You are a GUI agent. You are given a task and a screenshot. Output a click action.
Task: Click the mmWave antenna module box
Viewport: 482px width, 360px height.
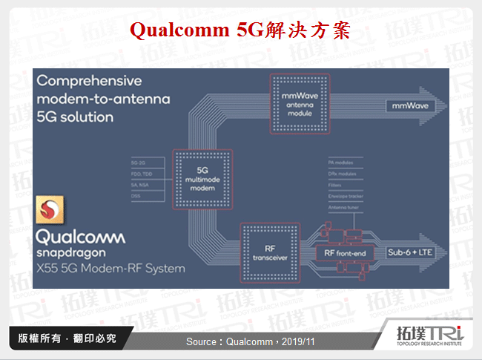(x=300, y=103)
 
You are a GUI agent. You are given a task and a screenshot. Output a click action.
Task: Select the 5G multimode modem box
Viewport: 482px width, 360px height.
(x=197, y=179)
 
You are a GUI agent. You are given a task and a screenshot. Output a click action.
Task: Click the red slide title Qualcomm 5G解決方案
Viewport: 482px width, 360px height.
(x=240, y=30)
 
